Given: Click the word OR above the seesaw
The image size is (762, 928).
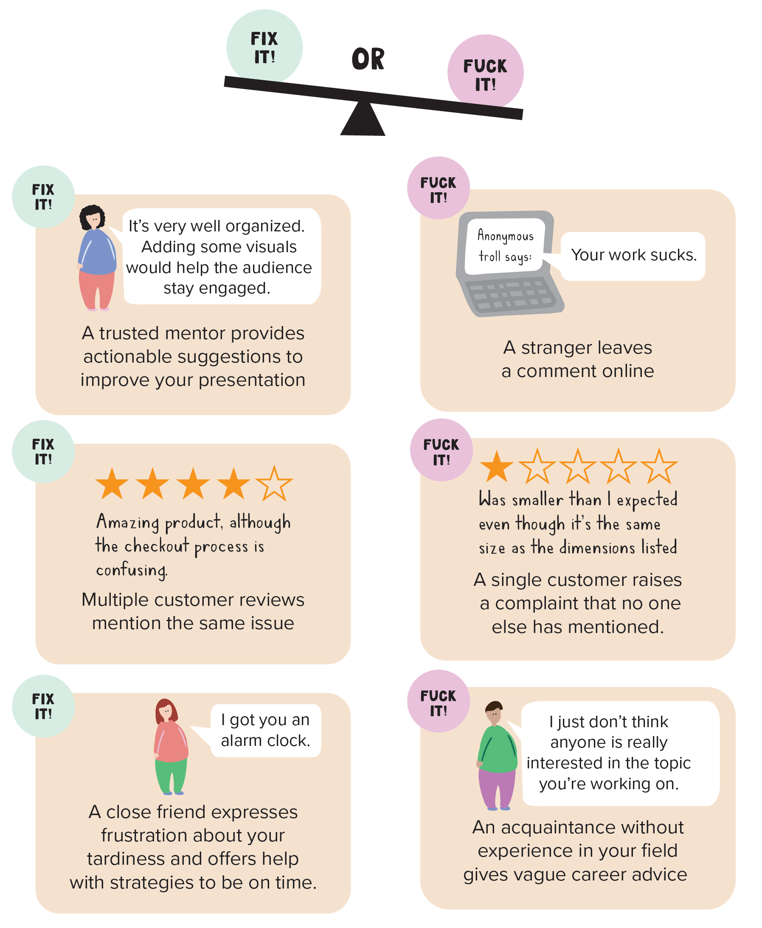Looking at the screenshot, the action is tap(368, 59).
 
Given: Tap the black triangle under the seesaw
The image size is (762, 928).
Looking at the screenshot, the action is tap(363, 121).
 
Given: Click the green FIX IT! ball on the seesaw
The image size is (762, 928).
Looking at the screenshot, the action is tap(264, 47).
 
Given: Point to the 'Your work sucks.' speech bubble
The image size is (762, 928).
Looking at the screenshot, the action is tap(633, 256).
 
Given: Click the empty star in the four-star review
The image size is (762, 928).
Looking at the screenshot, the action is tap(274, 484).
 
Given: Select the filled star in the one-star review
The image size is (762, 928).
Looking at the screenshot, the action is tap(496, 467).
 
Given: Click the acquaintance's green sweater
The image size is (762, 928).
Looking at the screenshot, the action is tap(498, 751).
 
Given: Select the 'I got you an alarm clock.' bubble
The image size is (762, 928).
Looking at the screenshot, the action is tap(266, 731).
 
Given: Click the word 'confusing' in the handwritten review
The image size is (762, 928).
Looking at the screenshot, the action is tap(131, 570).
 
